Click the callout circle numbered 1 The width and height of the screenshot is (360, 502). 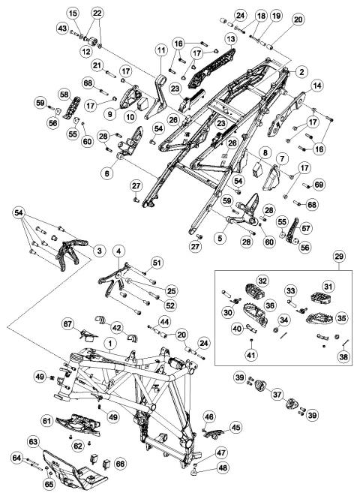coord(110,344)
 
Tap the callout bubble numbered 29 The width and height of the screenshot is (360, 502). coord(339,256)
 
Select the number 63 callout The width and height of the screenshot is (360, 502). coord(34,442)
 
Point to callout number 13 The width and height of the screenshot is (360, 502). coord(231,39)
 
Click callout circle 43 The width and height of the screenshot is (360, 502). coord(62,29)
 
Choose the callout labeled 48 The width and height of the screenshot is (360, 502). coord(223,467)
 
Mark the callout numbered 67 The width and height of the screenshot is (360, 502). coord(68,324)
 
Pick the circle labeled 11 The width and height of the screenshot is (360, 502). coord(161,50)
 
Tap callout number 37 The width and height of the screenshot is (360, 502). coord(277,395)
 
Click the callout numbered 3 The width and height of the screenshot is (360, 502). coord(99,251)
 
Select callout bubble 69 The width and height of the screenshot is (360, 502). coord(319,185)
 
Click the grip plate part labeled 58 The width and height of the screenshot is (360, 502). coord(71,107)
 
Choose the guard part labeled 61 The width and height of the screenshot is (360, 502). coord(79,424)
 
